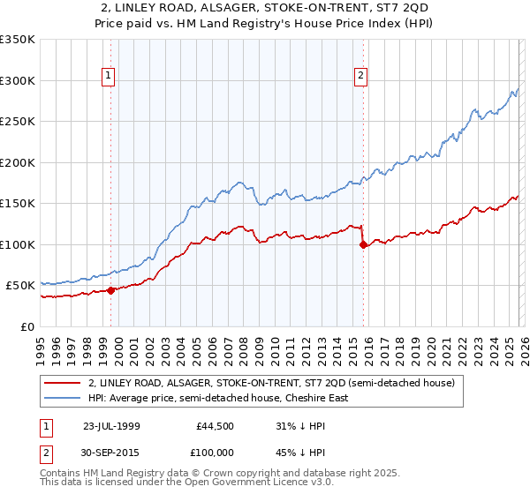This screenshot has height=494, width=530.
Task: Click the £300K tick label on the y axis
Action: click(18, 80)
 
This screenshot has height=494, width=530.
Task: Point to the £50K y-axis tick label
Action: click(20, 286)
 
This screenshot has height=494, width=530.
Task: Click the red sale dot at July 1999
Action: click(110, 290)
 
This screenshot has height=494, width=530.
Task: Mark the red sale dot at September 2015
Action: click(363, 244)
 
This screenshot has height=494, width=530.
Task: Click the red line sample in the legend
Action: click(62, 384)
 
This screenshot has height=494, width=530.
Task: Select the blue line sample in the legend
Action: click(62, 398)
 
